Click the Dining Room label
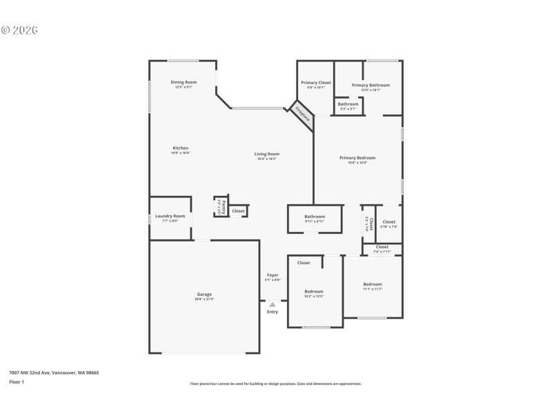tap(184, 83)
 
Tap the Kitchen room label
tap(181, 148)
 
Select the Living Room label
tap(266, 155)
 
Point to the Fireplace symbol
tap(302, 116)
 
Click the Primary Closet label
tap(315, 83)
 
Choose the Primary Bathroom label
tap(371, 86)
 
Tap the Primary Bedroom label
tap(357, 158)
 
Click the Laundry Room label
tap(170, 217)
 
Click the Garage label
tap(204, 295)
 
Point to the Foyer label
tap(273, 275)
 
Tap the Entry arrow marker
tap(273, 304)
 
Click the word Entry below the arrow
tap(273, 312)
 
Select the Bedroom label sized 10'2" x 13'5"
tap(314, 292)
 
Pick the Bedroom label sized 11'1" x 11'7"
tap(373, 284)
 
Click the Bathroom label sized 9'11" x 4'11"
tap(314, 217)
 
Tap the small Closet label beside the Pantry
tap(238, 210)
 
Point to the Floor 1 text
tap(17, 382)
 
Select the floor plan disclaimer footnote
tap(275, 384)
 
